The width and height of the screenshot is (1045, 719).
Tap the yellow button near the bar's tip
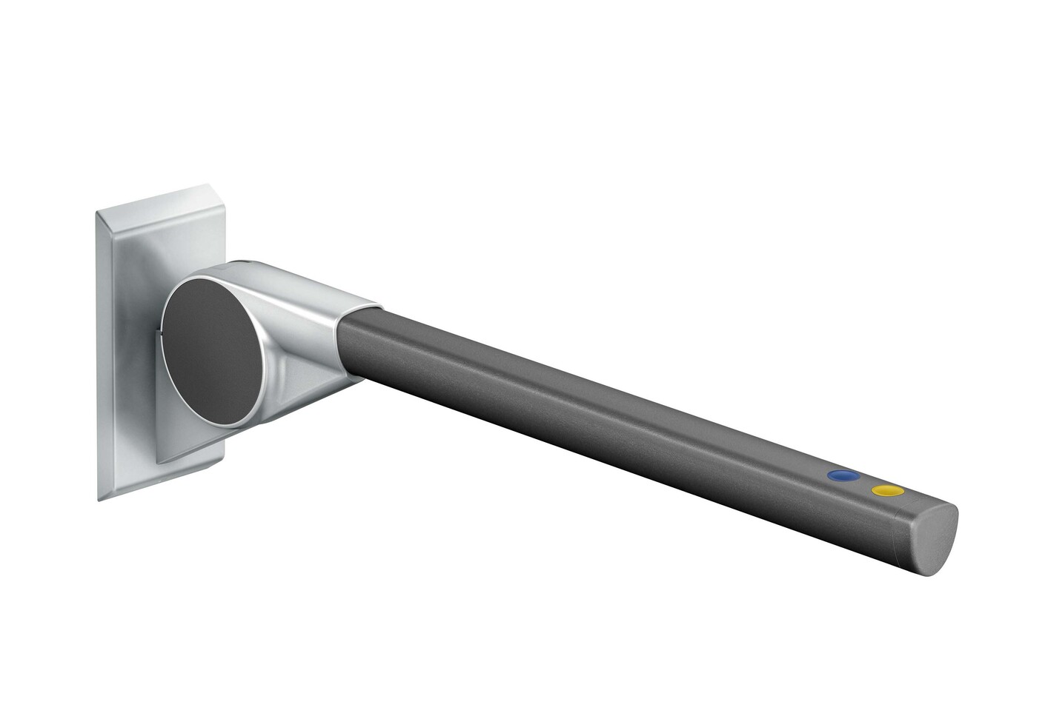(x=887, y=490)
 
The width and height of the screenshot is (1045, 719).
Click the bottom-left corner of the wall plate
(x=99, y=500)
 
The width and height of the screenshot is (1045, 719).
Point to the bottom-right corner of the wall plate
(x=220, y=466)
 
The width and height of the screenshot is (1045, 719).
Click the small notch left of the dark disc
(x=159, y=335)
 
